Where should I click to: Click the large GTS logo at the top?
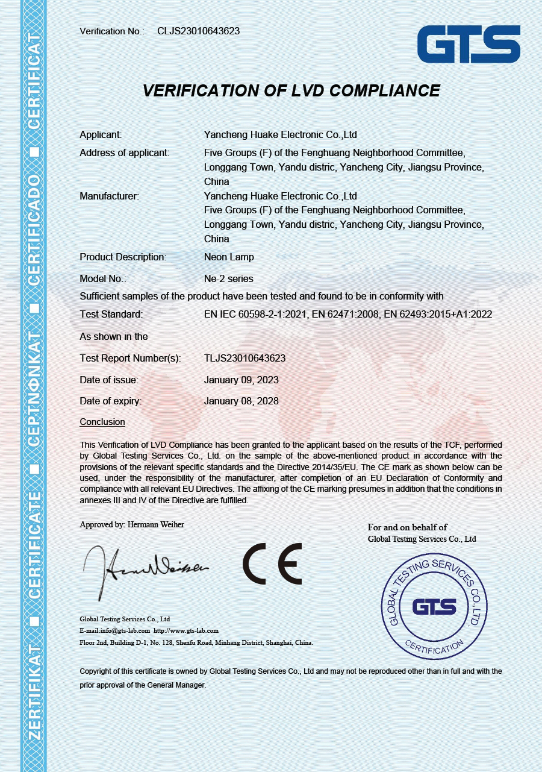click(469, 44)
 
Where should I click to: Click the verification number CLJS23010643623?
click(198, 31)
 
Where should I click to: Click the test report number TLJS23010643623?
click(245, 358)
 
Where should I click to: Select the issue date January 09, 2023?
click(241, 380)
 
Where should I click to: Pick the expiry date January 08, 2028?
click(241, 401)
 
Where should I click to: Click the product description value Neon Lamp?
click(229, 257)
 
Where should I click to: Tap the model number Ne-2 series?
click(229, 278)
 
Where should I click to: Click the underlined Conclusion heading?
click(102, 422)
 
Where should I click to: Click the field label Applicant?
click(101, 134)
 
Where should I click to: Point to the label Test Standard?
click(111, 314)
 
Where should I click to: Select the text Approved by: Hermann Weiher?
click(132, 524)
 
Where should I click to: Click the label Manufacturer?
click(109, 196)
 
